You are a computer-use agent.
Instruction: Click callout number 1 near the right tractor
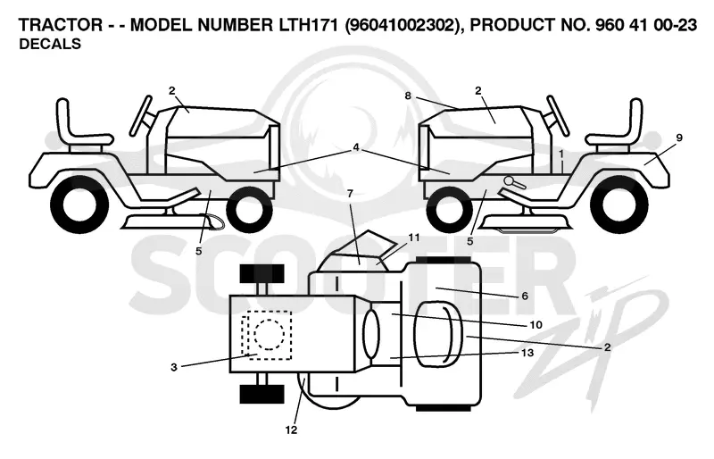click(x=561, y=154)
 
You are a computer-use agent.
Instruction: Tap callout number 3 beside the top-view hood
click(x=173, y=367)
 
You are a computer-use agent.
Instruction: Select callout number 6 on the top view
click(x=525, y=296)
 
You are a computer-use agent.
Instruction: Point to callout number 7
click(x=350, y=194)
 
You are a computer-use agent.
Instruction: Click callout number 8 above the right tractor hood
click(x=408, y=96)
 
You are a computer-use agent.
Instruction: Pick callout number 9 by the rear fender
click(x=679, y=138)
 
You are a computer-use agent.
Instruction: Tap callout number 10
click(x=535, y=324)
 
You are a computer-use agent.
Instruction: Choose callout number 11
click(x=413, y=238)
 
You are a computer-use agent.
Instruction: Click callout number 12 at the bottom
click(x=291, y=430)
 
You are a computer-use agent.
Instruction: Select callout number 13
click(x=527, y=353)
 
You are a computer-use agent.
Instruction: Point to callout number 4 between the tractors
click(x=355, y=147)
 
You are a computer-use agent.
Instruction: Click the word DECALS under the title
click(x=50, y=45)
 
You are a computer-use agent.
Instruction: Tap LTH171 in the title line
click(x=307, y=25)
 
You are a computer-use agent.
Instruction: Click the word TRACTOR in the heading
click(x=61, y=25)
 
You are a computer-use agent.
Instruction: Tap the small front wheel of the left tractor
click(x=249, y=210)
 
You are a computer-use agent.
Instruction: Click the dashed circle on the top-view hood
click(x=270, y=335)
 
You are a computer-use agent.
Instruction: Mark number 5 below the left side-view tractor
click(x=198, y=251)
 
